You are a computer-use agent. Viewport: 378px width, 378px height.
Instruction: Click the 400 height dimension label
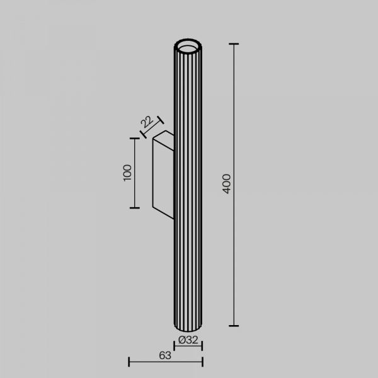[227, 184]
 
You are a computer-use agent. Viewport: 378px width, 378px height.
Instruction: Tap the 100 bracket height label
[127, 173]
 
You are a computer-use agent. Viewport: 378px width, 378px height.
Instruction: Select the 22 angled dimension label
[147, 122]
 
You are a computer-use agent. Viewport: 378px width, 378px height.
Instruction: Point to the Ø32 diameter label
[188, 340]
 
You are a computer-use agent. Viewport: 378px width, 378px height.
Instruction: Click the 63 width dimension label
[165, 355]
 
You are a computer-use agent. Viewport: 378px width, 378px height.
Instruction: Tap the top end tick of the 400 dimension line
[234, 44]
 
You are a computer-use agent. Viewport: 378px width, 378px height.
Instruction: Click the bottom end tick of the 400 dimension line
[234, 326]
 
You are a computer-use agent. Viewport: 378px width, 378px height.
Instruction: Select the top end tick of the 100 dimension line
[135, 139]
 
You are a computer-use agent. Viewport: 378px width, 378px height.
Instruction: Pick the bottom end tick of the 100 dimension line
[135, 208]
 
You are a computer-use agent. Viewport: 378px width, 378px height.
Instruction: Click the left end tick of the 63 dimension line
[129, 362]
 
